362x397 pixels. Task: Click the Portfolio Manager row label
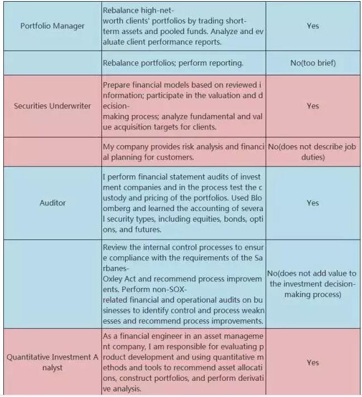(52, 26)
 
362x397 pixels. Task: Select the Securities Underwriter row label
(52, 106)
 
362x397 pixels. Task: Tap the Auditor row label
(52, 203)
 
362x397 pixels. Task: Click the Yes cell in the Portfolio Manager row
(313, 26)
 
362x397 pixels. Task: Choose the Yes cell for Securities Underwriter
(313, 106)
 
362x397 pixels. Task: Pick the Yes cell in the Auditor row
(313, 203)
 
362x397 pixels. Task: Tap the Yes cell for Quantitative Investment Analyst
(313, 362)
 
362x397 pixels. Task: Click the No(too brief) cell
(313, 63)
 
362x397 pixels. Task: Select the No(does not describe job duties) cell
(312, 152)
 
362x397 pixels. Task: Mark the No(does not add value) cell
(312, 284)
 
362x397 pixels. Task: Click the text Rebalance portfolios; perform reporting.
(173, 63)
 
